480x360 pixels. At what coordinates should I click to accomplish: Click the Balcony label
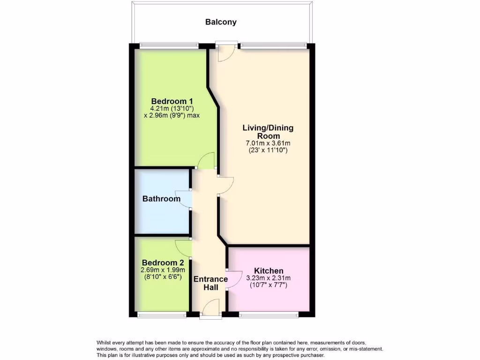pyautogui.click(x=221, y=22)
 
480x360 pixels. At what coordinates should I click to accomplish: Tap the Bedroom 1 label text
pyautogui.click(x=172, y=101)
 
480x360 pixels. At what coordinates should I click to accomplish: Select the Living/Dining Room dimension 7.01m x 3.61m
pyautogui.click(x=268, y=143)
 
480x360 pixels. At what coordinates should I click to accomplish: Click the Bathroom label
pyautogui.click(x=161, y=199)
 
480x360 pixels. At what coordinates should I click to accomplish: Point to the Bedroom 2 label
pyautogui.click(x=163, y=262)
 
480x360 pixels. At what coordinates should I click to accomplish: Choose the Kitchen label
pyautogui.click(x=269, y=271)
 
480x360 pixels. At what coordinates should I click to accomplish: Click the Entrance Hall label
pyautogui.click(x=210, y=283)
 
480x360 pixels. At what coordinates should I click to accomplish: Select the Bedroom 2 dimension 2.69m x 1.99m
pyautogui.click(x=163, y=270)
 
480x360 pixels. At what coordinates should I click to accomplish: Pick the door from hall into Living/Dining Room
pyautogui.click(x=225, y=185)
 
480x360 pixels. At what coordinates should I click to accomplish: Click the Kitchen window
pyautogui.click(x=269, y=315)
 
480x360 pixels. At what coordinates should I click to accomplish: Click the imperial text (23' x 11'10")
pyautogui.click(x=268, y=150)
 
